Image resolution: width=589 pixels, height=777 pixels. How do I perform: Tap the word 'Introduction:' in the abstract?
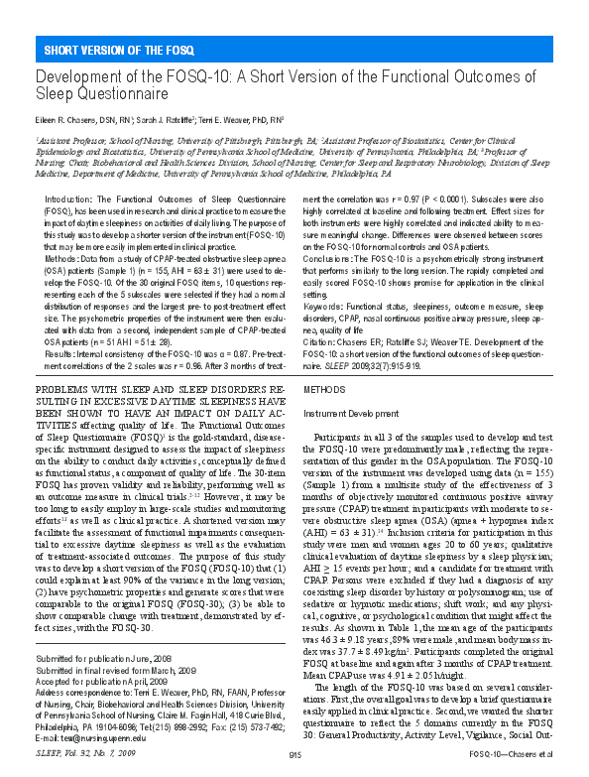click(70, 172)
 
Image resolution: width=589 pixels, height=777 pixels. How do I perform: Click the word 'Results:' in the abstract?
click(62, 324)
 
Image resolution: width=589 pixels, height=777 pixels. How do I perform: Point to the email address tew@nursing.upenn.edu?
click(84, 737)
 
